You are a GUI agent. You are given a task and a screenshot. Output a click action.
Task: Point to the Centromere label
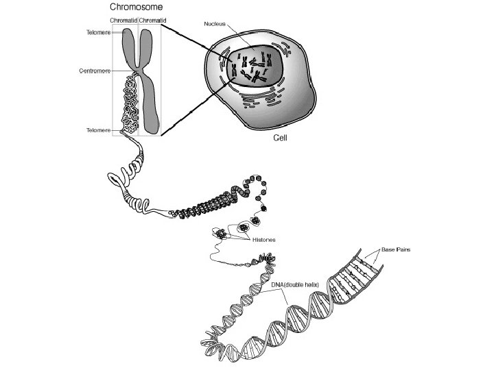coord(95,71)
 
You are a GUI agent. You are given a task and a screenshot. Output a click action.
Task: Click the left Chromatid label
coord(123,21)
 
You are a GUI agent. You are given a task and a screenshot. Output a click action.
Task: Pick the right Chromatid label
coord(152,21)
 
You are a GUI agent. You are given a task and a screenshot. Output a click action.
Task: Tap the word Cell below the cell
coord(280,137)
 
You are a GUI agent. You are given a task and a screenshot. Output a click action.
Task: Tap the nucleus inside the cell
coord(254,69)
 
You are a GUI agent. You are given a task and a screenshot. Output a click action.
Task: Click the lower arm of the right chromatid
coord(152,103)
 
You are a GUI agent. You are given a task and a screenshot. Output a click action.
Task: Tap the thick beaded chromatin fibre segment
coord(213,206)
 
